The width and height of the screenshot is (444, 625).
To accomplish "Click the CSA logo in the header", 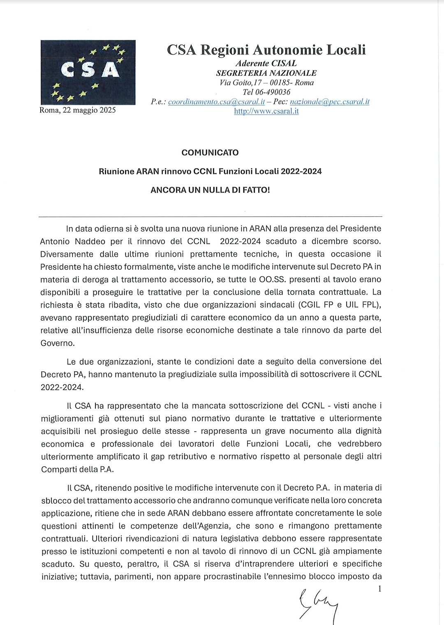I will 88,72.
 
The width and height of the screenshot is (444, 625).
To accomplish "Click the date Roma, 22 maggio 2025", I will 78,110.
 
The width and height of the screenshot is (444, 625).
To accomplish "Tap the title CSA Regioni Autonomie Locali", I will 266,50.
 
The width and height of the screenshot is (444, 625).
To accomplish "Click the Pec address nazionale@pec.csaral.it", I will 329,102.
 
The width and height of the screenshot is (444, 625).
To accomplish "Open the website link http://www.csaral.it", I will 266,111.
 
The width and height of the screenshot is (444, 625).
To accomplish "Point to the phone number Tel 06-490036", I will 266,92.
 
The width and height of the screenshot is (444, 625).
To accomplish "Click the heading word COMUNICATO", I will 210,153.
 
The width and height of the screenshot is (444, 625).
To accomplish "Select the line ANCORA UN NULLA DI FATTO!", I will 210,190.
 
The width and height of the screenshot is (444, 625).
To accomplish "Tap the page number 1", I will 379,589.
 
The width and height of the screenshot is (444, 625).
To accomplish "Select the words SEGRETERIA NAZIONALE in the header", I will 266,73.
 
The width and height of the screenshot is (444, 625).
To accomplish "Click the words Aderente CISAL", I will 266,63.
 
